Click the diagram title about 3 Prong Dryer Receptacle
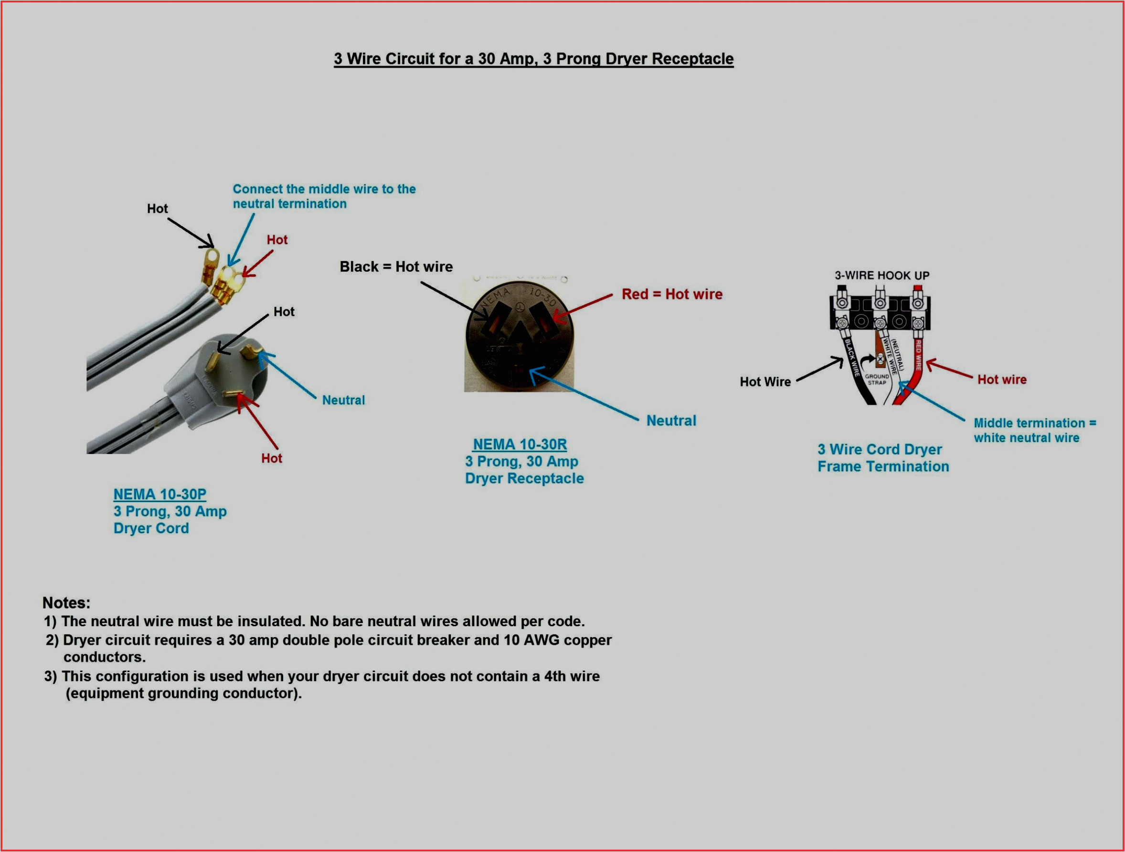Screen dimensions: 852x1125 click(533, 59)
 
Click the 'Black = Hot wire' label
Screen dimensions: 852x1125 click(396, 267)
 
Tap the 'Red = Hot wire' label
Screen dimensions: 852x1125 click(671, 295)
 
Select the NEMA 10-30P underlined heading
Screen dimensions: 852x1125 click(159, 494)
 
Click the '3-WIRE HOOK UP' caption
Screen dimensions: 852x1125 click(882, 275)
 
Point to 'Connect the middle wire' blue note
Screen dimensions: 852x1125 click(324, 196)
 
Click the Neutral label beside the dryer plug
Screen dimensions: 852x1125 click(343, 400)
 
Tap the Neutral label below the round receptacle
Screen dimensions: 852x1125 click(671, 421)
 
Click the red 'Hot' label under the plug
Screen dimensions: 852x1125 click(272, 459)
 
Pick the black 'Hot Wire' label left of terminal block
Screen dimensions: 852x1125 click(765, 382)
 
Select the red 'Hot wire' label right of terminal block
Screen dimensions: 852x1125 click(1001, 380)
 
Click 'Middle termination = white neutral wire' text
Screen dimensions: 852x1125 click(1034, 431)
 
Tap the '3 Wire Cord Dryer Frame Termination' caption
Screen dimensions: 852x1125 click(883, 458)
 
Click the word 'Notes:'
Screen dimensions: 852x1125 click(66, 603)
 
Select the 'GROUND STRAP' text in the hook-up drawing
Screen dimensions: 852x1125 click(877, 380)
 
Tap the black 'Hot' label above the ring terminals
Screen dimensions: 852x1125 click(157, 209)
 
